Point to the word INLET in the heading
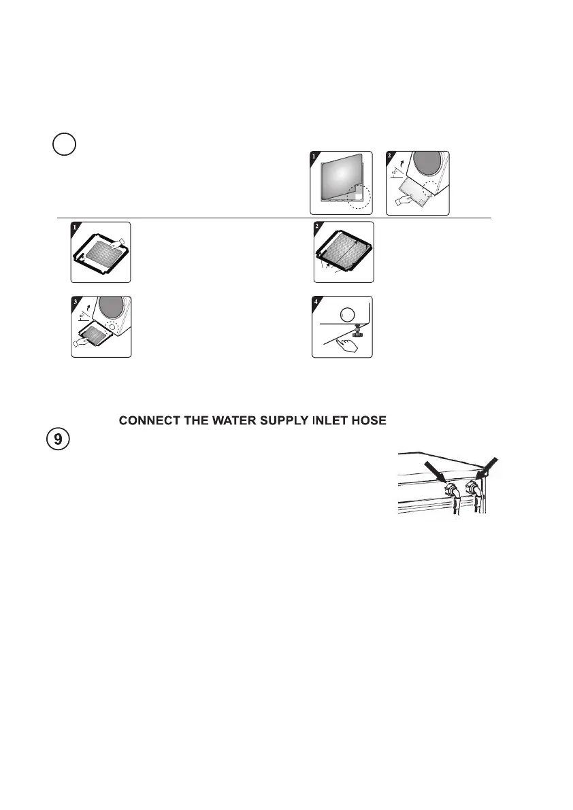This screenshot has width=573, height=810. (330, 422)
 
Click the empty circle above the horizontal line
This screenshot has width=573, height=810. (65, 146)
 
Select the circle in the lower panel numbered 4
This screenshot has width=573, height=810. (347, 316)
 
